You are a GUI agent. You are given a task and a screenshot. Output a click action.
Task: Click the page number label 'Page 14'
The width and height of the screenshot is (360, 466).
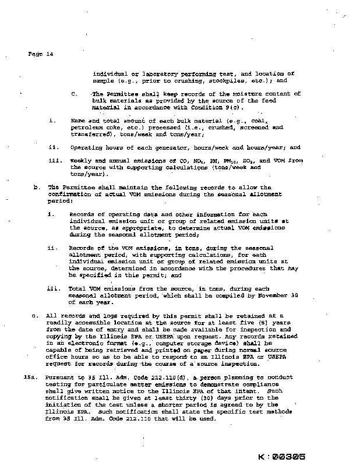[x=41, y=54]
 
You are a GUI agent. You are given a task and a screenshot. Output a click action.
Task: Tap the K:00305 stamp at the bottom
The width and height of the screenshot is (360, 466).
[x=281, y=458]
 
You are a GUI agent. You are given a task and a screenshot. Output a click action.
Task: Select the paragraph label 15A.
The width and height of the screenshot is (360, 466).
[x=30, y=377]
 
